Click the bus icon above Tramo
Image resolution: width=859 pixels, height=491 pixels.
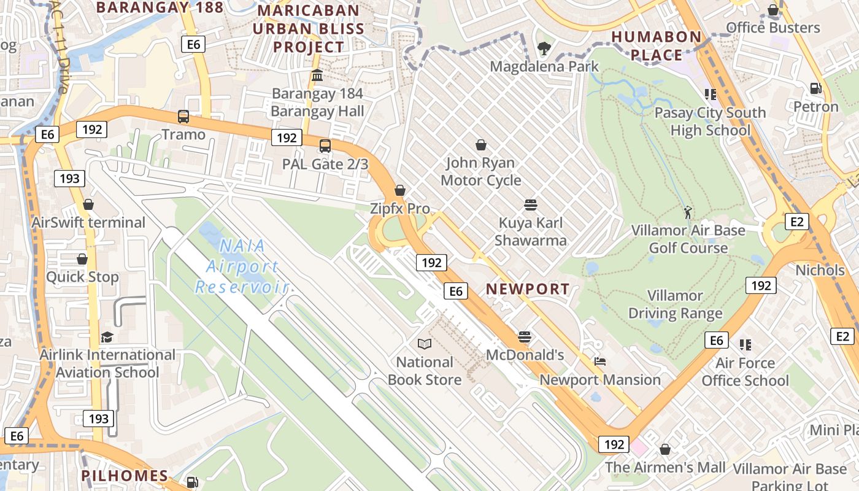pyautogui.click(x=183, y=116)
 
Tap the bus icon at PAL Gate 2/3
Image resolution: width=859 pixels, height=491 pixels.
pyautogui.click(x=325, y=146)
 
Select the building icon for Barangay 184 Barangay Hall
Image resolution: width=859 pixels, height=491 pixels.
pyautogui.click(x=317, y=75)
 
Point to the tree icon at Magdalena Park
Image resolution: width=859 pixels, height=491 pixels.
pyautogui.click(x=544, y=48)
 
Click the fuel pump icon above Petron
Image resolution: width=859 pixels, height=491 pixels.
pyautogui.click(x=815, y=88)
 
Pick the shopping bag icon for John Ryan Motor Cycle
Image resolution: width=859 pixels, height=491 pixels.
pyautogui.click(x=481, y=145)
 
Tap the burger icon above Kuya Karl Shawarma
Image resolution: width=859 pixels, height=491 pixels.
pyautogui.click(x=531, y=204)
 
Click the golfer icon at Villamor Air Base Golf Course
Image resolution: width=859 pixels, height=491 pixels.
pyautogui.click(x=688, y=212)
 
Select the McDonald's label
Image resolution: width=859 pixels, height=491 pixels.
pyautogui.click(x=525, y=355)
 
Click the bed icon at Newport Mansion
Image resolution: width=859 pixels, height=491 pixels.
pyautogui.click(x=599, y=361)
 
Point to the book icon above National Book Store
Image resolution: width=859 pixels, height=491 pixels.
pyautogui.click(x=424, y=344)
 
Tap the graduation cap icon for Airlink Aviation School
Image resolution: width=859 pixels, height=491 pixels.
pyautogui.click(x=107, y=337)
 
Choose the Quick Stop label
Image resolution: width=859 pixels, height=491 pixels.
pyautogui.click(x=82, y=277)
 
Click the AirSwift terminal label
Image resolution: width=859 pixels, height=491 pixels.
pyautogui.click(x=88, y=222)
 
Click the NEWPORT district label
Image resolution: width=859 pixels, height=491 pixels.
pyautogui.click(x=528, y=288)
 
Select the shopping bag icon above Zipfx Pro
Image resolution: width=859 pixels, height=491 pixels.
pyautogui.click(x=400, y=191)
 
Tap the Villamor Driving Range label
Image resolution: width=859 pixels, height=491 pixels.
pyautogui.click(x=675, y=304)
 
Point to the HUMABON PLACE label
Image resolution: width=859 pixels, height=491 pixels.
pyautogui.click(x=657, y=46)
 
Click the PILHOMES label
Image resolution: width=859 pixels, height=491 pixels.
pyautogui.click(x=125, y=475)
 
